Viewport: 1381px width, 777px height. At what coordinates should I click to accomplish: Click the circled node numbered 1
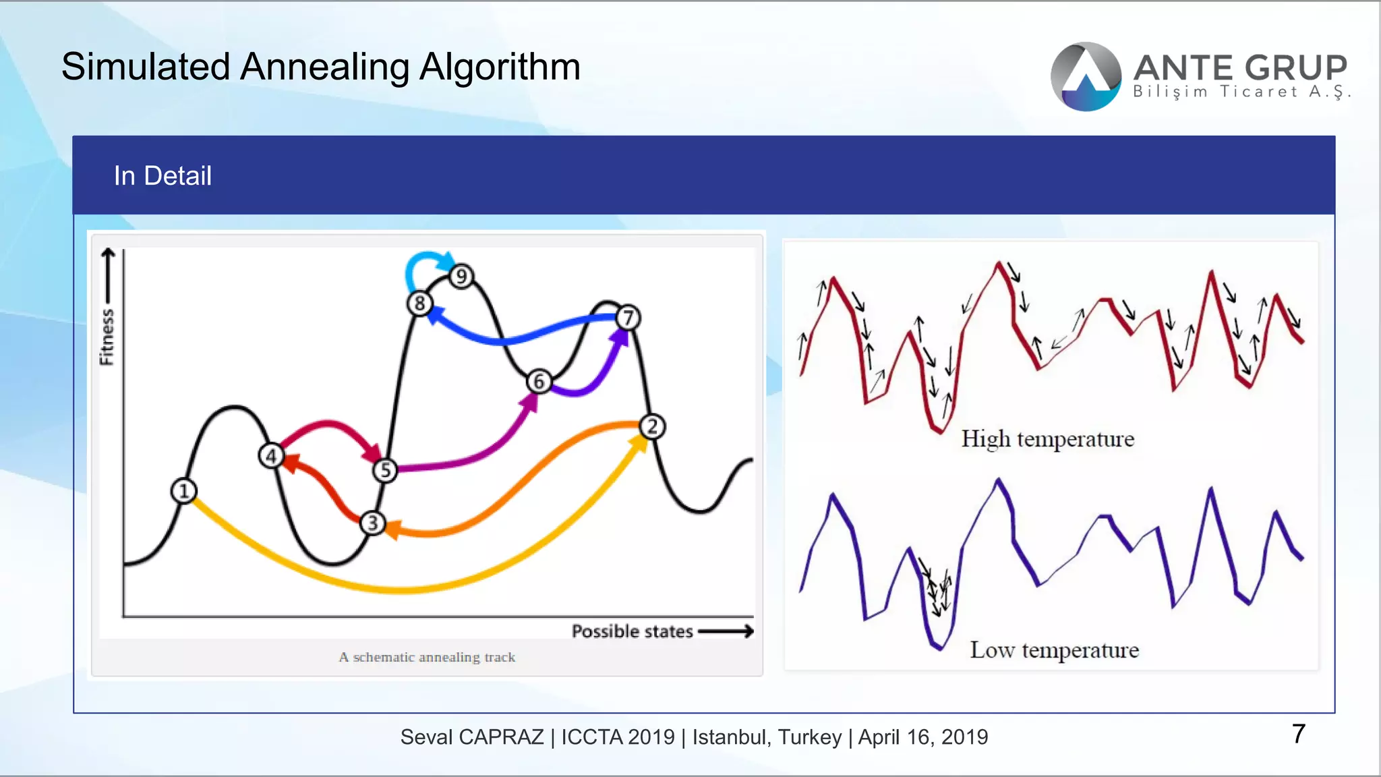[x=183, y=491]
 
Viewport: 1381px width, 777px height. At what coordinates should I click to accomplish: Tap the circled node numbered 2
[x=652, y=426]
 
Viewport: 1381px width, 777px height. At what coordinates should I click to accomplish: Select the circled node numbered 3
[x=372, y=523]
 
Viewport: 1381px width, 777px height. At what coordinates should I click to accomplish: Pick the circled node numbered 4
[x=271, y=456]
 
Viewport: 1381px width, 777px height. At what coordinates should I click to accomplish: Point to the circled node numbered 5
[x=385, y=470]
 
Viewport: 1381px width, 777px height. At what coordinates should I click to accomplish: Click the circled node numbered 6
[x=539, y=382]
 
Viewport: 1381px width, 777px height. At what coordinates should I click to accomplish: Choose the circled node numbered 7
[x=628, y=318]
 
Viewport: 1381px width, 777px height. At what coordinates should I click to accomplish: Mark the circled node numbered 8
[x=419, y=304]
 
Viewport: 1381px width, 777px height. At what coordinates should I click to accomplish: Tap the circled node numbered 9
[x=461, y=276]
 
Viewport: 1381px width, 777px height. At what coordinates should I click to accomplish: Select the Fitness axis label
[x=107, y=337]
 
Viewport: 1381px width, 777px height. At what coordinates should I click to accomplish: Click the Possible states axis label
[x=632, y=631]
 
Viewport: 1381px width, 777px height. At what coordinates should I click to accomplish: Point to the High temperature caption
[x=1047, y=439]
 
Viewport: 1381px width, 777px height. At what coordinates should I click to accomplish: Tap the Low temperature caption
[x=1054, y=650]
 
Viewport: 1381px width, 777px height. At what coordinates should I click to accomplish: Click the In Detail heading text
[x=163, y=176]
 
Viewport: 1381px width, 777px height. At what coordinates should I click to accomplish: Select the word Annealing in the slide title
[x=324, y=67]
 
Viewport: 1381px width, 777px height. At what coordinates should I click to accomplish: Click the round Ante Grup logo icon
[x=1086, y=77]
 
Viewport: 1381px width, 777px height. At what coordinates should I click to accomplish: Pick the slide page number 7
[x=1299, y=734]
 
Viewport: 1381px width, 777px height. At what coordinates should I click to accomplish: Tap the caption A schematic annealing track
[x=427, y=657]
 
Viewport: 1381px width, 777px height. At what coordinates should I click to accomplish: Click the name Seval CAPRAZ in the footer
[x=472, y=737]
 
